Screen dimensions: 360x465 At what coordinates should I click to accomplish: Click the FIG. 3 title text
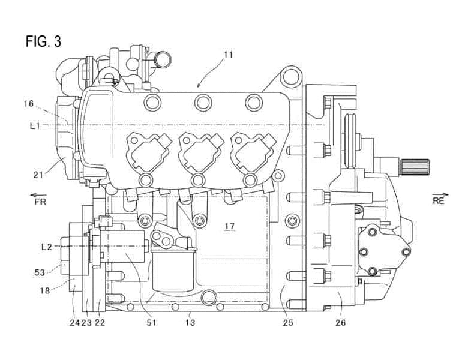[43, 41]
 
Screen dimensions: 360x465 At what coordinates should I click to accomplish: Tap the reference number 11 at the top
[229, 55]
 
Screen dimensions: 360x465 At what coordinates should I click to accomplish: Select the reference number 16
[29, 104]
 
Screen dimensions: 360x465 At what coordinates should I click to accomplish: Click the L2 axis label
[47, 246]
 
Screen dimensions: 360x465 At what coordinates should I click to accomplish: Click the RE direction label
[439, 201]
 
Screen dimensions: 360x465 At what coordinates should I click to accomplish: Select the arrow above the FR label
[40, 193]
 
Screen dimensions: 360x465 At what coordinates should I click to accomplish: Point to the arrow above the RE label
[439, 193]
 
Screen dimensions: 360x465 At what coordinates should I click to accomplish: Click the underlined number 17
[229, 226]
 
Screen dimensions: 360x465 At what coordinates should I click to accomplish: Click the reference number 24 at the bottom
[74, 322]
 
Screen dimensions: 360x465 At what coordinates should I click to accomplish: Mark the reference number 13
[190, 322]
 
